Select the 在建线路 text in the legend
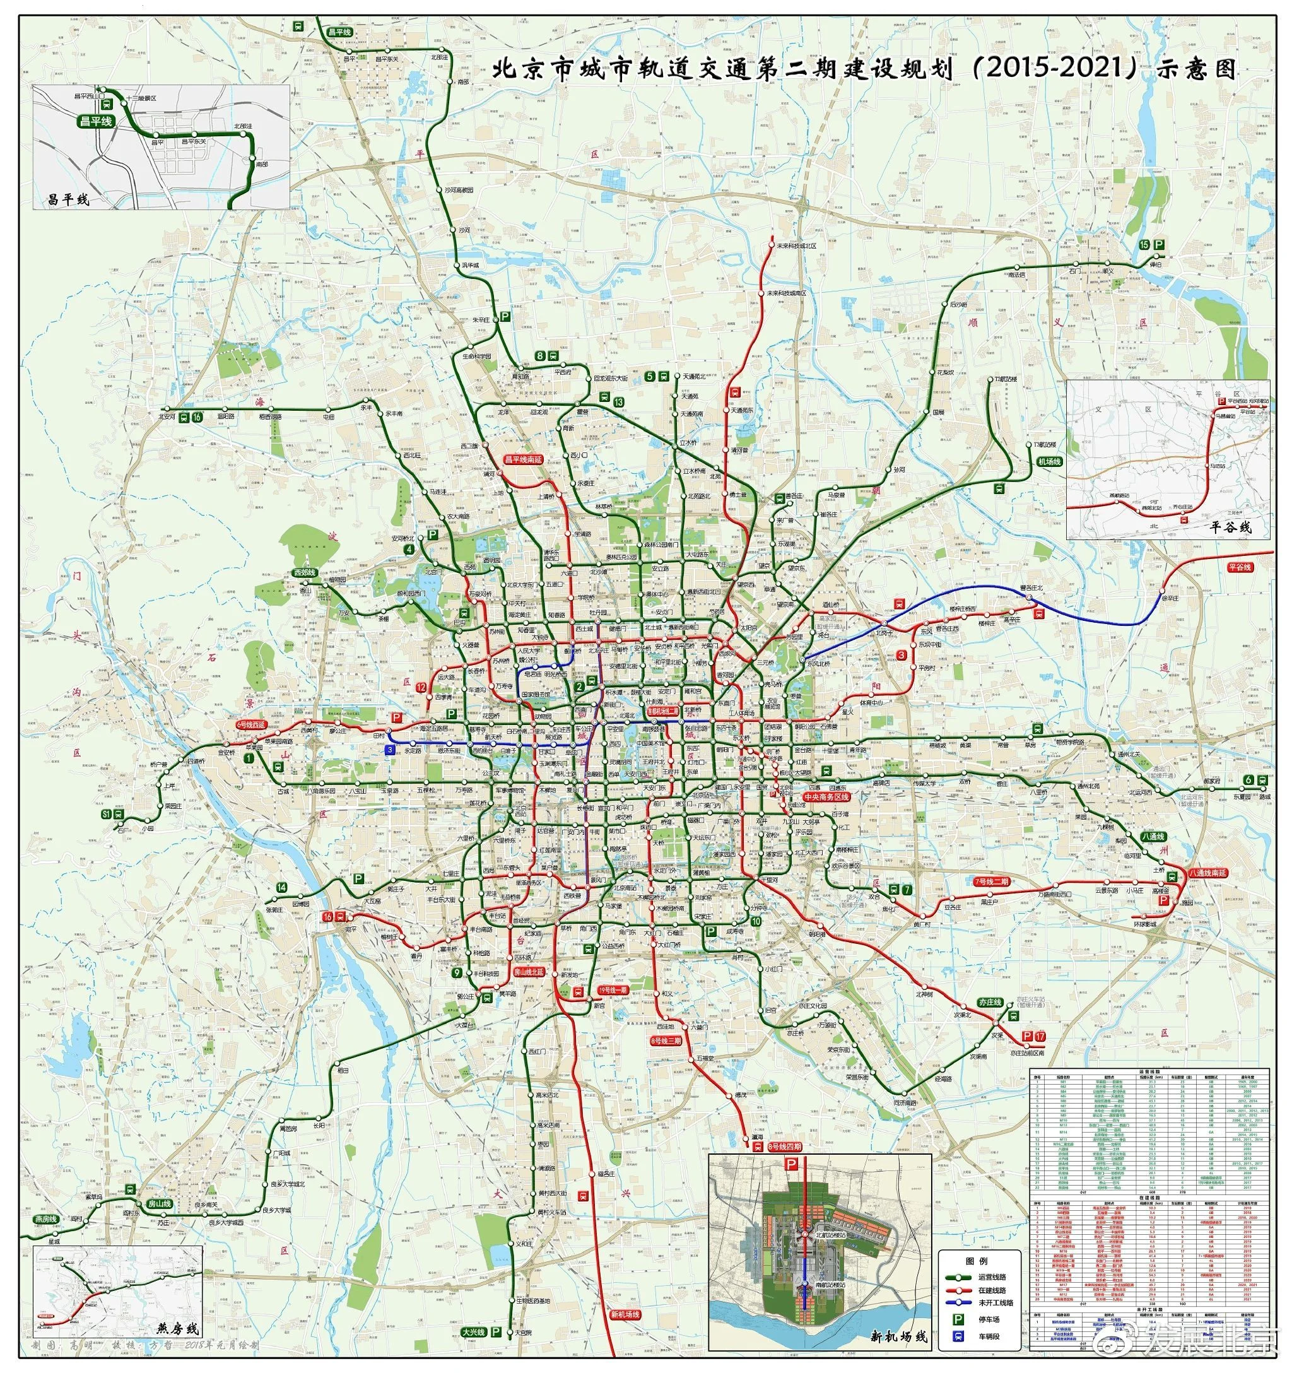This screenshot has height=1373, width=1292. click(x=992, y=1290)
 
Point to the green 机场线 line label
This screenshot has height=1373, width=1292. click(x=1048, y=461)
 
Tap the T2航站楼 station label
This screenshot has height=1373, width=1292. click(x=1006, y=379)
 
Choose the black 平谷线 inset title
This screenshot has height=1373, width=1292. click(x=1230, y=527)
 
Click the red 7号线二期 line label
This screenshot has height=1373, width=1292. click(x=991, y=882)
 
